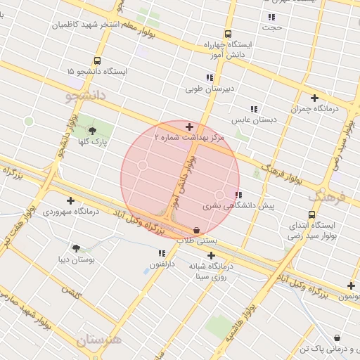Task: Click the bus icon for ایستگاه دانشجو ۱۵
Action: (96, 60)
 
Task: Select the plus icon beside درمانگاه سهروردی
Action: (70, 200)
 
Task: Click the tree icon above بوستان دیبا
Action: (76, 247)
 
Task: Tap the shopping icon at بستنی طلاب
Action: (196, 230)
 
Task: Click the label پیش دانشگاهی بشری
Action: (238, 206)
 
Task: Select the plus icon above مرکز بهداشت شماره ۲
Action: (189, 127)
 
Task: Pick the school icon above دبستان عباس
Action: (254, 109)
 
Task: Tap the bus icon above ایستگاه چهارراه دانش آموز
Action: (228, 34)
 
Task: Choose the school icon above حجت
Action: (271, 17)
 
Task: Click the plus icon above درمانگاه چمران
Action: (314, 98)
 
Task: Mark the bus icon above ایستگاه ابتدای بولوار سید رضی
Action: (311, 214)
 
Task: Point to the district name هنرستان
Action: (99, 340)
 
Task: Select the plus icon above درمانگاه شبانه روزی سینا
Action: (211, 255)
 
